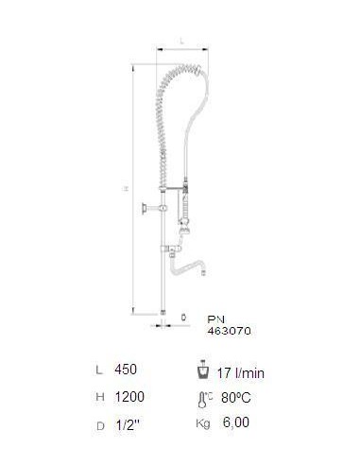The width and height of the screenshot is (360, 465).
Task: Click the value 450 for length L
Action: coord(126,370)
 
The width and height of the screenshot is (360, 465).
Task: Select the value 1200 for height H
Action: coord(129,397)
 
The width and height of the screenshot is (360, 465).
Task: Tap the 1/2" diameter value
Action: coord(128,425)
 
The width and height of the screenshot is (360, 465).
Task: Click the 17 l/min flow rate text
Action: coord(241,373)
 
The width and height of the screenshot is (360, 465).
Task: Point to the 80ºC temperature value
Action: coord(236,397)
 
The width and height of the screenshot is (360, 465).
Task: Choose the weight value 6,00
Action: coord(236,422)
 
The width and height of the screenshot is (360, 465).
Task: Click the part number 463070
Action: coord(229,331)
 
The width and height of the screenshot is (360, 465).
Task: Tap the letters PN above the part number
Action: coord(216,319)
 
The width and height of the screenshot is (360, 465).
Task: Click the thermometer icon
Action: coord(202,400)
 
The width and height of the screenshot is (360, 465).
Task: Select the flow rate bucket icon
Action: coord(202,370)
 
